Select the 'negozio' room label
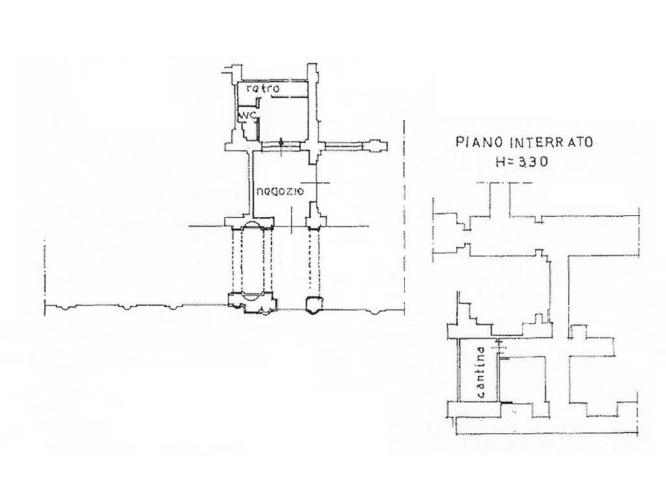click(x=280, y=192)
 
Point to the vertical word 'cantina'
click(x=481, y=372)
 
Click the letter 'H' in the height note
click(x=500, y=161)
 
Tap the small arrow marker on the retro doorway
click(x=281, y=146)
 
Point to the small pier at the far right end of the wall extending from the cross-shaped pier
click(x=378, y=146)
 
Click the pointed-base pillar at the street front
click(x=314, y=305)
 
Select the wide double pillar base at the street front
click(x=252, y=303)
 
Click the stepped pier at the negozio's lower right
click(x=315, y=215)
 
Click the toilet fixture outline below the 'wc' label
click(x=246, y=127)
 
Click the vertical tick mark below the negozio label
click(x=291, y=220)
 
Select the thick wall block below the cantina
click(x=474, y=409)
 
